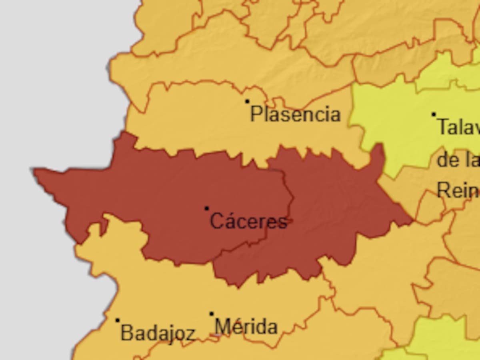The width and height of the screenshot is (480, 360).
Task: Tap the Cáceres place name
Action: [248, 221]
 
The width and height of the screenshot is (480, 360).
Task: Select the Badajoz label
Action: [158, 333]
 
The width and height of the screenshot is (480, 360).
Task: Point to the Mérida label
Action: [246, 326]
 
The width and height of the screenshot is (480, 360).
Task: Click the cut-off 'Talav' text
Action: [458, 127]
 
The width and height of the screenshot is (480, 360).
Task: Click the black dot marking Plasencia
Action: [247, 101]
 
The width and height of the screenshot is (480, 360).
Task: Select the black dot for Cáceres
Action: [206, 208]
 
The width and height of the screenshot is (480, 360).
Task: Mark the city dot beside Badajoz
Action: [118, 320]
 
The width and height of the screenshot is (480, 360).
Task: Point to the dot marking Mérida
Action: [212, 314]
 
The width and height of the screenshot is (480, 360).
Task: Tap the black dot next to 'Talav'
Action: [434, 114]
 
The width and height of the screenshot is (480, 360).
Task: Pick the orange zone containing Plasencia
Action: [200, 120]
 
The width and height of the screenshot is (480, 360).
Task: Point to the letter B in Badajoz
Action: [126, 333]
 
